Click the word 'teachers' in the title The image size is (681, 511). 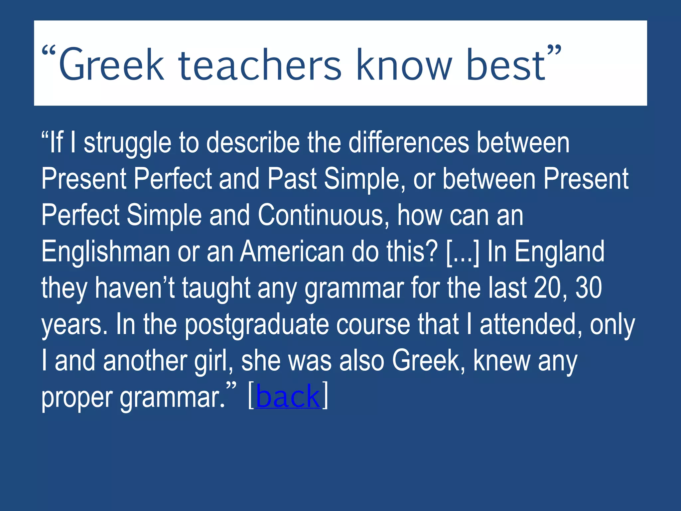[260, 65]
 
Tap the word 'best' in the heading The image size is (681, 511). [505, 65]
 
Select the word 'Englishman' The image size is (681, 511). [106, 252]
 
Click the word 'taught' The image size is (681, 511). [216, 289]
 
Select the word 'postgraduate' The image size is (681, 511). [256, 325]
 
